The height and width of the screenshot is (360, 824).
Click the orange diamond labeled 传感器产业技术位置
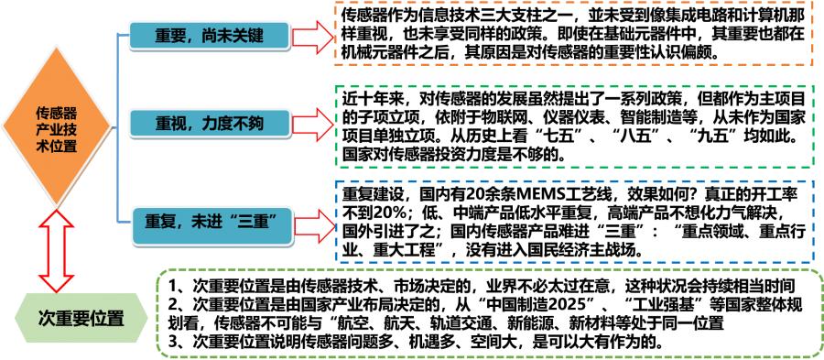tap(55, 129)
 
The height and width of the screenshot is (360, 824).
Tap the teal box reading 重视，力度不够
tap(211, 124)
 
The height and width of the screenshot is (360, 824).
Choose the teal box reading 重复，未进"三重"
tap(213, 220)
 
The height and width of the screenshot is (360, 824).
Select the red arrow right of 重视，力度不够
tap(313, 124)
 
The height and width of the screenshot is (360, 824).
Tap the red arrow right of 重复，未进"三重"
tap(313, 219)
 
